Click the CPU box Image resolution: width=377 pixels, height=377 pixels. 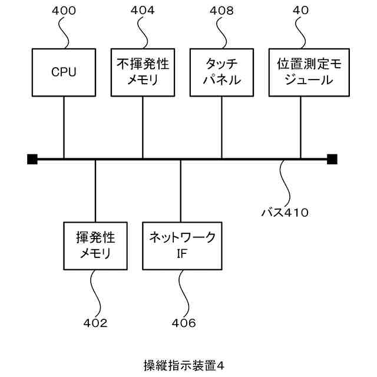(64, 72)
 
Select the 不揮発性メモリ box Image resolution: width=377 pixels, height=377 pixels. (143, 72)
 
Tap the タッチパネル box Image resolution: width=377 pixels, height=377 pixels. (221, 72)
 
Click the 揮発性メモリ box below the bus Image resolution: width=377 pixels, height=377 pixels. (95, 246)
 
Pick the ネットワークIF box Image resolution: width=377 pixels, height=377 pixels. (181, 246)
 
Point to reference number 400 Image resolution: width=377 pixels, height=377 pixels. (64, 11)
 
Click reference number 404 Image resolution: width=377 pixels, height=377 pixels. (143, 11)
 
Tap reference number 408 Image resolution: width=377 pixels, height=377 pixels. (221, 11)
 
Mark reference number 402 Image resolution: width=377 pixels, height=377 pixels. (95, 323)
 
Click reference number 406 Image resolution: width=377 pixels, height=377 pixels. (184, 323)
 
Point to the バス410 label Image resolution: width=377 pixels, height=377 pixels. (285, 211)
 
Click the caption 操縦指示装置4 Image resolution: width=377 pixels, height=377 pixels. (184, 365)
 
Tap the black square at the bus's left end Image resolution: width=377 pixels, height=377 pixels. (32, 158)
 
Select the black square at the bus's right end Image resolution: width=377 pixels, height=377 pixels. (332, 158)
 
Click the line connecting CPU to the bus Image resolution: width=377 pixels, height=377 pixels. (64, 127)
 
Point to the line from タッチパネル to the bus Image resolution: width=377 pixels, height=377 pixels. (221, 127)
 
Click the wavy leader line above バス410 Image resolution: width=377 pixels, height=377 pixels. (285, 183)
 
